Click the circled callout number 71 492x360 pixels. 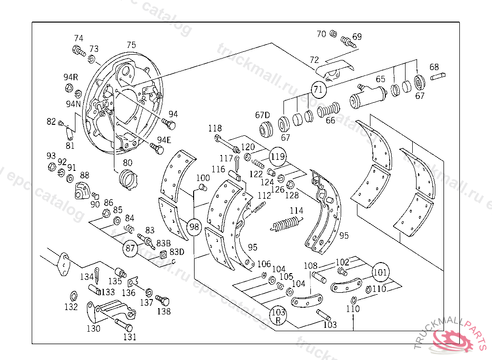318,89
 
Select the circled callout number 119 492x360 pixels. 278,156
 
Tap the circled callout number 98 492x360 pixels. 194,227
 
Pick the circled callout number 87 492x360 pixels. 131,248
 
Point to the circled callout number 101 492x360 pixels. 380,272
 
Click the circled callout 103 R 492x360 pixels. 278,315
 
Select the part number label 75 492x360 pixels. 131,45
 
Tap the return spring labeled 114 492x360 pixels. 287,224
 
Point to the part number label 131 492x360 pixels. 130,337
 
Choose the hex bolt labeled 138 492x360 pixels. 163,301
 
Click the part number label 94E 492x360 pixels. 164,140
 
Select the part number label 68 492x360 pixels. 434,67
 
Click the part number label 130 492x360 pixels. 93,328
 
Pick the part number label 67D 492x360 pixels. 263,115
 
